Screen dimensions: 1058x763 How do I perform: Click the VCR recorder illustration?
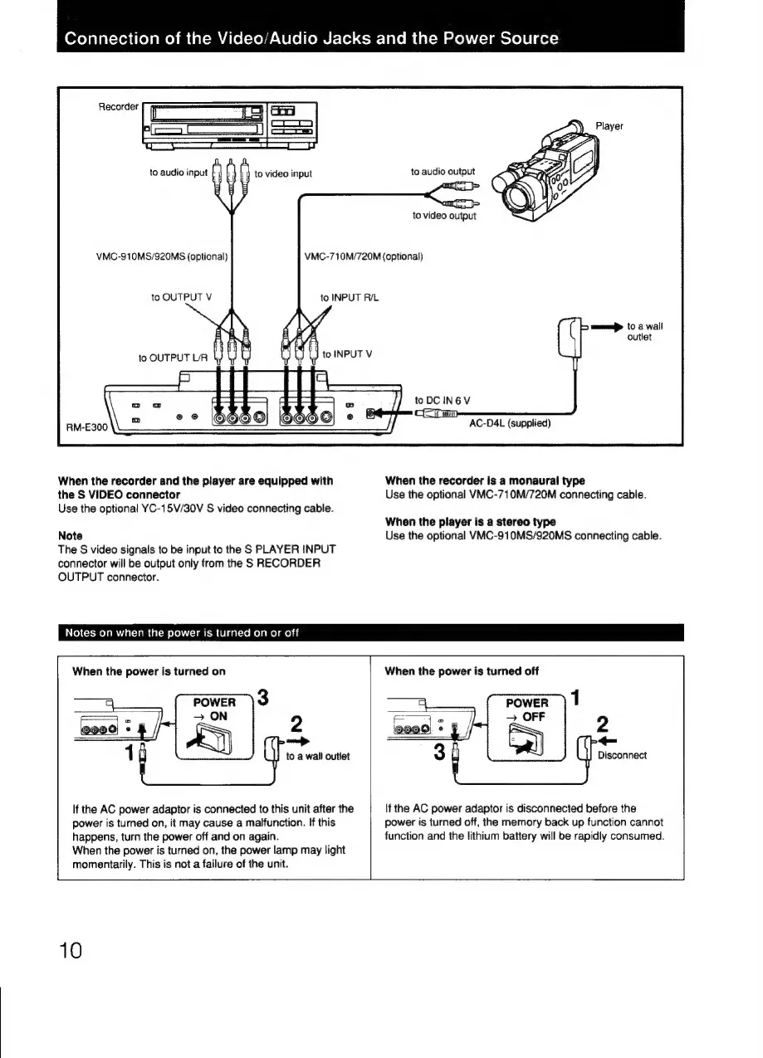click(x=229, y=124)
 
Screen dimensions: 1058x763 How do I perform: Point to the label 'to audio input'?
click(x=178, y=173)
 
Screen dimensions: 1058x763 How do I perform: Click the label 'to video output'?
click(x=444, y=216)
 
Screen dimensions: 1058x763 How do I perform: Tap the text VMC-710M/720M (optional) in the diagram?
click(x=364, y=255)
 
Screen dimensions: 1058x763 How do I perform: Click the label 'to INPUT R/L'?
click(x=349, y=296)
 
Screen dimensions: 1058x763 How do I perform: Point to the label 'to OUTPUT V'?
click(x=177, y=296)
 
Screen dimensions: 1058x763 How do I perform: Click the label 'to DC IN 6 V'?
click(x=443, y=400)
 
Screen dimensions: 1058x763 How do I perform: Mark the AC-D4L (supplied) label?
click(x=509, y=423)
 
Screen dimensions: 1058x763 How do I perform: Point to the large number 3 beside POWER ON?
click(x=262, y=697)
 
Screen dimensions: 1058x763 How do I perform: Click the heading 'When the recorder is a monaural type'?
click(x=485, y=480)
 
